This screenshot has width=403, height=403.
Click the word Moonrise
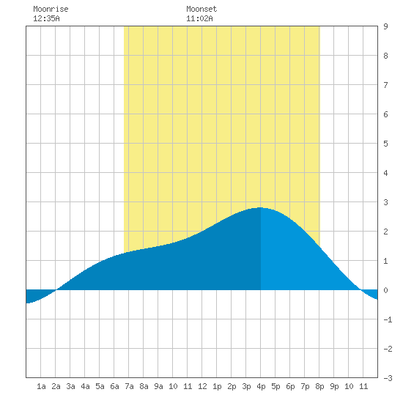tap(51, 9)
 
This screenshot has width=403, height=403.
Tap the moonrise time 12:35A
tap(46, 18)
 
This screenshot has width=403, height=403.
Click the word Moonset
tap(202, 9)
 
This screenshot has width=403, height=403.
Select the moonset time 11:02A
tap(199, 18)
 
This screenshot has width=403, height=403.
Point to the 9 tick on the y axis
tap(385, 26)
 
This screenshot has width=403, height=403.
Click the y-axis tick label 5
tap(385, 144)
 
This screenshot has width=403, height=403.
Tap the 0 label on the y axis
tap(385, 290)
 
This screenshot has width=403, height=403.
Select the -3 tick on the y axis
tap(388, 378)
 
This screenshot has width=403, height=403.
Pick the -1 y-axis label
tap(388, 319)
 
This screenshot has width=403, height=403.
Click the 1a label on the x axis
tap(41, 386)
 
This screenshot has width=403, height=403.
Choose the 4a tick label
tap(85, 386)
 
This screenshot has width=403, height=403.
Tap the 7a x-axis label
tap(129, 386)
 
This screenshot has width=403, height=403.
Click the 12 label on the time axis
tap(202, 386)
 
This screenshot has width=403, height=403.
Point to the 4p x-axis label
tap(261, 386)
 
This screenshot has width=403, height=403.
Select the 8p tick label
tap(319, 386)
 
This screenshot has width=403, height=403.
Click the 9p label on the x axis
tap(334, 386)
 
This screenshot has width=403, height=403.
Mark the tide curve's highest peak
tap(261, 207)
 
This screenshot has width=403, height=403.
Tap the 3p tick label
tap(246, 386)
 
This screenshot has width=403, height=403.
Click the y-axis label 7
tap(385, 85)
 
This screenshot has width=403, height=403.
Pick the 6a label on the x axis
tap(114, 386)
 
